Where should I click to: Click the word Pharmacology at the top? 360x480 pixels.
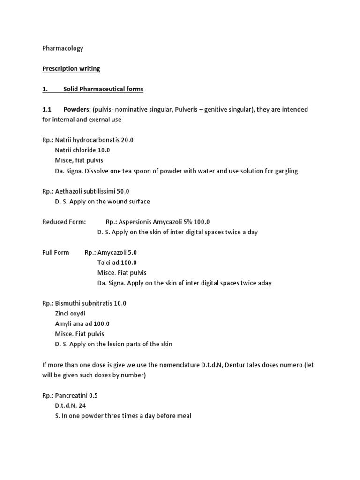[x=63, y=48]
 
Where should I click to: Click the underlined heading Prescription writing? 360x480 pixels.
[x=71, y=68]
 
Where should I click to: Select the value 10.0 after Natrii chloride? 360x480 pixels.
[x=103, y=150]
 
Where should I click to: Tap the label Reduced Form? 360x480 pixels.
[x=64, y=222]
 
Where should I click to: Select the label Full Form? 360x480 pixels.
[x=56, y=252]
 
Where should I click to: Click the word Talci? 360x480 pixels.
[x=105, y=262]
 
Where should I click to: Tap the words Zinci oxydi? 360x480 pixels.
[x=70, y=314]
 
